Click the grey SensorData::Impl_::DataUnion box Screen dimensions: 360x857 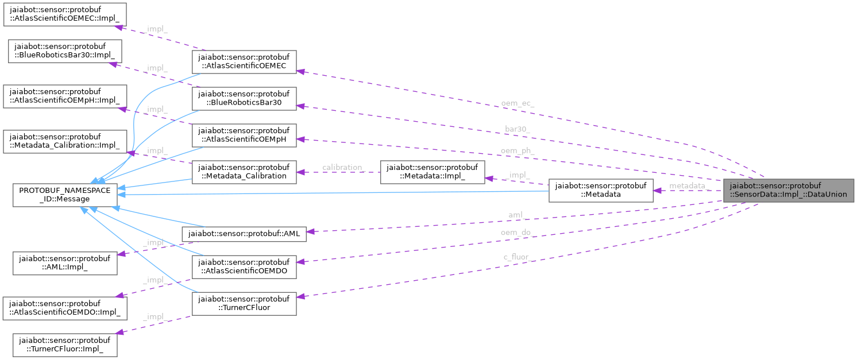pos(789,190)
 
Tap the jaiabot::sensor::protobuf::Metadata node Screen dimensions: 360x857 pos(600,190)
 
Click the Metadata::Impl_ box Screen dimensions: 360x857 pos(433,172)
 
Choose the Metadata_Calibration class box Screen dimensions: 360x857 pos(244,172)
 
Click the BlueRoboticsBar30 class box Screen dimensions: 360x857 pos(244,99)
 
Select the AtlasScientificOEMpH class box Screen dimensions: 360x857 pos(244,135)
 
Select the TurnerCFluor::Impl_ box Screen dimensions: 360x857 pos(65,344)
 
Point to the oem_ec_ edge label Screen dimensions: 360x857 pos(517,103)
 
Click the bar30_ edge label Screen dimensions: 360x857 pos(517,129)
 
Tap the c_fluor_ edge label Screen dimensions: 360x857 pos(516,257)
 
